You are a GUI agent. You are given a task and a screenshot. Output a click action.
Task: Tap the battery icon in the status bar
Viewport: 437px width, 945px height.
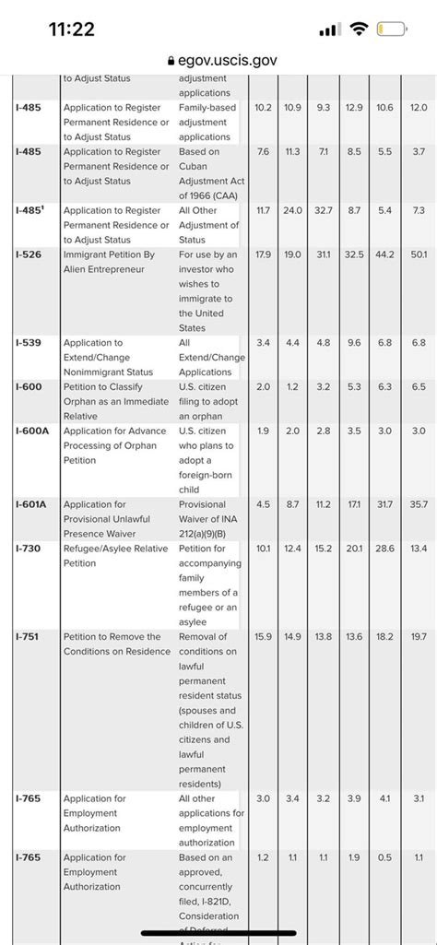[x=396, y=30]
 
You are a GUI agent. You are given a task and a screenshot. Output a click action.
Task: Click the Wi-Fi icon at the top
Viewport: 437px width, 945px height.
[x=359, y=30]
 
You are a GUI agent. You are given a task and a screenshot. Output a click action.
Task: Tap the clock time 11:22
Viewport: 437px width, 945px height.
[x=71, y=30]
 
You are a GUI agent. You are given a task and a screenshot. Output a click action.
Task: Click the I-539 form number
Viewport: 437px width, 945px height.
[x=29, y=343]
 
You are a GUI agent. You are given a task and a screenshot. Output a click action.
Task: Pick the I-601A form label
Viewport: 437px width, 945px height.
[x=32, y=505]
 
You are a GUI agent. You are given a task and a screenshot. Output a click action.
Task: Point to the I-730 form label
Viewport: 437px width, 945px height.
[x=29, y=549]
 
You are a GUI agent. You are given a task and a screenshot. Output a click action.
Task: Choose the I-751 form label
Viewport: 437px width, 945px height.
[x=29, y=637]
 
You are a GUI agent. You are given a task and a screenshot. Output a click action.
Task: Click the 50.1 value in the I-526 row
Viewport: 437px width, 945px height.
[x=419, y=254]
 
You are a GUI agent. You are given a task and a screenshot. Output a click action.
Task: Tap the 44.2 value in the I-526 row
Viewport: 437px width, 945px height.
[x=386, y=254]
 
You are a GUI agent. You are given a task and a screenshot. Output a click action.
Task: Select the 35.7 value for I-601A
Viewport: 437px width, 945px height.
[x=419, y=505]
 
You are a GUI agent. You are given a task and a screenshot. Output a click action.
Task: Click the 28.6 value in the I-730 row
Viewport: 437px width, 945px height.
[x=386, y=549]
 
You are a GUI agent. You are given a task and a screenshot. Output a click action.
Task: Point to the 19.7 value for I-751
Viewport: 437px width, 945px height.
[x=419, y=637]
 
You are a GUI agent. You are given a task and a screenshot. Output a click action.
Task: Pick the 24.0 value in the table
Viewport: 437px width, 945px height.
[x=293, y=211]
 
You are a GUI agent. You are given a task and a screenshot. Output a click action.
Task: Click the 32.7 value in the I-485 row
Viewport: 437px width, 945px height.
[x=324, y=211]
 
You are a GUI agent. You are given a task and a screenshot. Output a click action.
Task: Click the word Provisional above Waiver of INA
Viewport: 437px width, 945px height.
[x=202, y=505]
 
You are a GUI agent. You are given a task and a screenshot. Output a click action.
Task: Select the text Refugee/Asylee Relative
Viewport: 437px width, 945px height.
[x=115, y=549]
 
